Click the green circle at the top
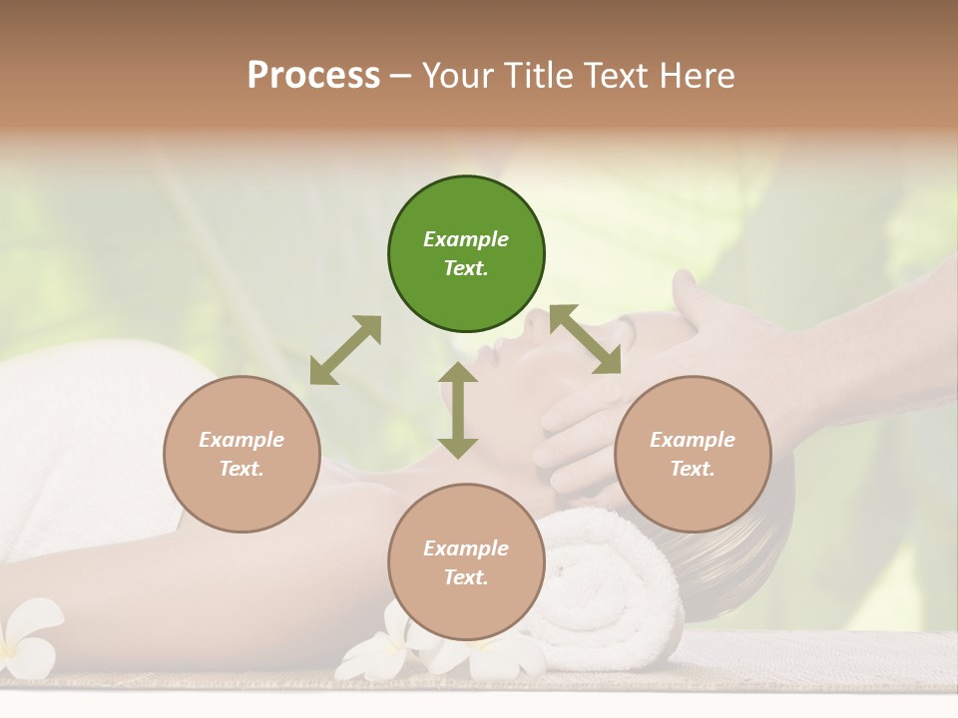coord(466,254)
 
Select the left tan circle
coord(241,454)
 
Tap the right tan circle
coord(693,454)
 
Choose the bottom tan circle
coord(466,562)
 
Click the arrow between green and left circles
coord(345,350)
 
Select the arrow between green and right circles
coord(585,339)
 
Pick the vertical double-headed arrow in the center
coord(458,410)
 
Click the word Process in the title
coord(313,75)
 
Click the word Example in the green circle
coord(466,239)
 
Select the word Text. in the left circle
coord(241,469)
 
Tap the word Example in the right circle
coord(693,440)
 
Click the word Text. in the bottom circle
coord(466,577)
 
